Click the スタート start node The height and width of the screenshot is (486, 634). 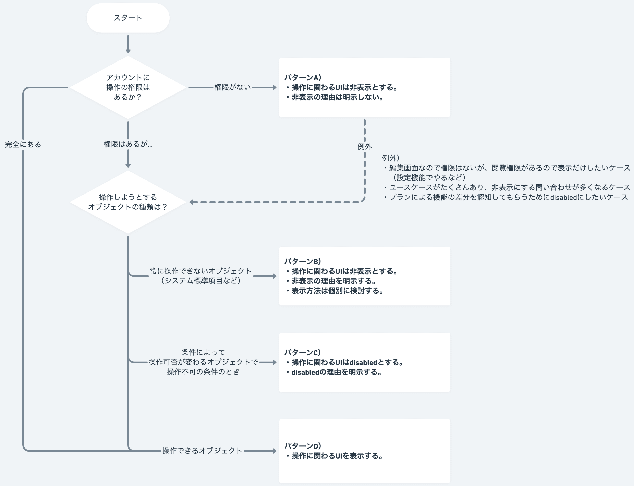128,18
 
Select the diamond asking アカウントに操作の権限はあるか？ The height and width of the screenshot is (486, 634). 128,87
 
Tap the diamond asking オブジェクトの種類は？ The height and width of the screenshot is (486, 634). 128,202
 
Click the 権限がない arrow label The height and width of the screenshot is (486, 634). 232,87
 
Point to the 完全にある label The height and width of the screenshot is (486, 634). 23,144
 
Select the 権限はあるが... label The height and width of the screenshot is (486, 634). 128,144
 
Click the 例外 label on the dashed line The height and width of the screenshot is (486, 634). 364,146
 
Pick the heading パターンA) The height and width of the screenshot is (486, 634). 303,77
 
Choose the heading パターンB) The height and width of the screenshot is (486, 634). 303,262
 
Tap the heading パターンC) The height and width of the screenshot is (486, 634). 303,352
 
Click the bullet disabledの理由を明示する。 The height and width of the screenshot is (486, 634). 336,372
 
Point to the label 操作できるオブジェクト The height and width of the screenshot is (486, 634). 202,451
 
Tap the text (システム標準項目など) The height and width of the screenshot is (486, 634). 201,281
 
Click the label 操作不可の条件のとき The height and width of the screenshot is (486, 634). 203,372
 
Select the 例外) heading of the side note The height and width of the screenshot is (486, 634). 390,158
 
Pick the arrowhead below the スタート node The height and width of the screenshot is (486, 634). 128,51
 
